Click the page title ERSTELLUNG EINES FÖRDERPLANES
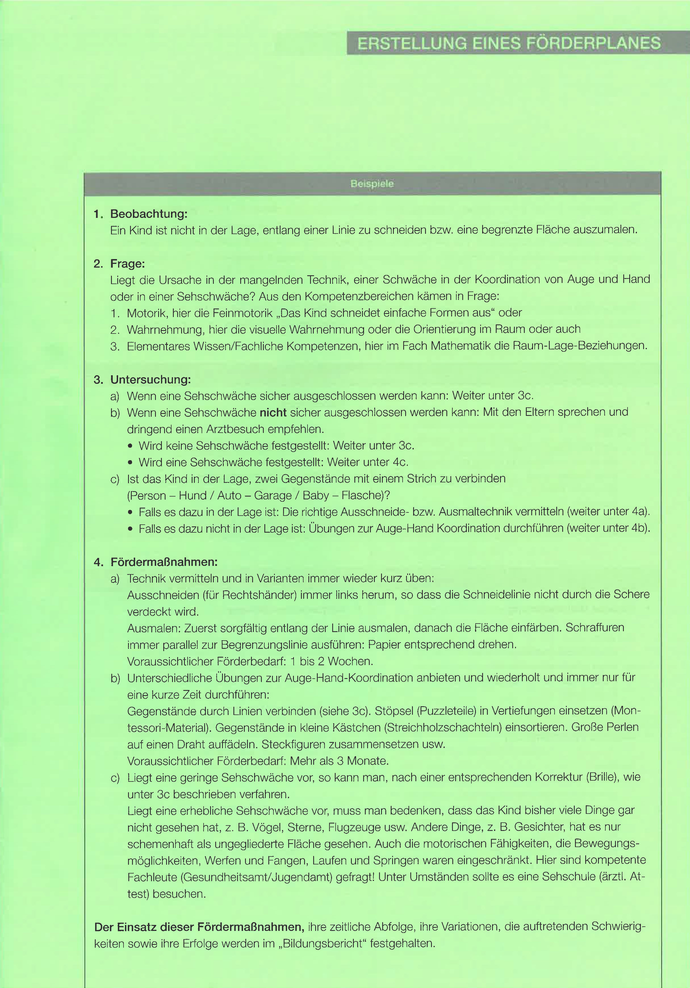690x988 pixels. coord(509,43)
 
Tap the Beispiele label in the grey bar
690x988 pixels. coord(372,184)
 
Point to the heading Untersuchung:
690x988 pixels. coord(150,380)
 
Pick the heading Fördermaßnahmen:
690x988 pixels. coord(164,562)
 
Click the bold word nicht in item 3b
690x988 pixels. coord(273,412)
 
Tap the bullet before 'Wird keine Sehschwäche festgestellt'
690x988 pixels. coord(130,446)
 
